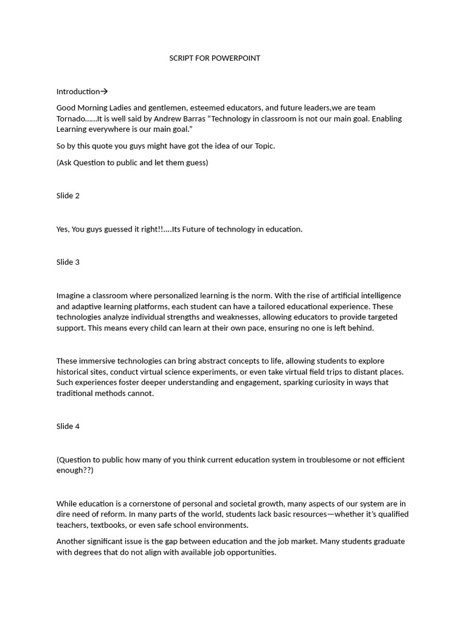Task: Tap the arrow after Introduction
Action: point(104,92)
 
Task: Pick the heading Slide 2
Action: point(68,196)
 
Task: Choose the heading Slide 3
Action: point(68,262)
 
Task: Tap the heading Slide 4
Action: point(68,426)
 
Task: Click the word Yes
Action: point(63,229)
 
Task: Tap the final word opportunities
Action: point(251,553)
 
